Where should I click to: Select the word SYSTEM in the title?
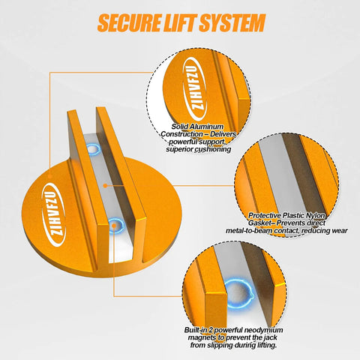[232, 23]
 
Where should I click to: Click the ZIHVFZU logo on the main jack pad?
[54, 215]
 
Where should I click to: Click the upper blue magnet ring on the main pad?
[93, 149]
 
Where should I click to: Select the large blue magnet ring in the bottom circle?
[238, 294]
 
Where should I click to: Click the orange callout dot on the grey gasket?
[106, 186]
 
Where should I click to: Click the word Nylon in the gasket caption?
[316, 216]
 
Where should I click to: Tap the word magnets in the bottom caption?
[202, 337]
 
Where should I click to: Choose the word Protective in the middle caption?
[265, 215]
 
